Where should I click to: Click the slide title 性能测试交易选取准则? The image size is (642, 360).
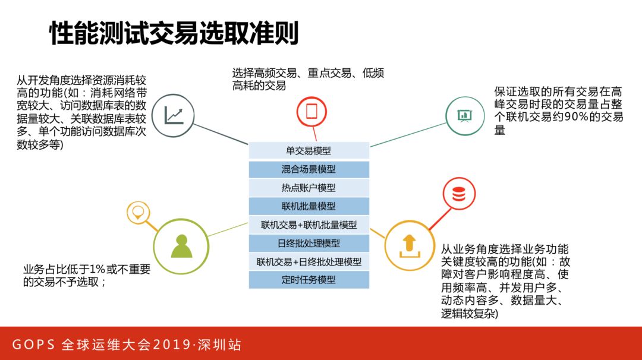(173, 34)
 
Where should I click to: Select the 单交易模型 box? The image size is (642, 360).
(309, 151)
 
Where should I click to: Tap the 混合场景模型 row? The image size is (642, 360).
(309, 169)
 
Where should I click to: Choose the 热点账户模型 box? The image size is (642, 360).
(309, 188)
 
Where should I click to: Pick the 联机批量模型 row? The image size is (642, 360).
(309, 206)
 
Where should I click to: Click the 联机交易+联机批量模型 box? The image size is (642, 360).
(309, 225)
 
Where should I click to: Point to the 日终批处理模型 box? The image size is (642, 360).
(309, 243)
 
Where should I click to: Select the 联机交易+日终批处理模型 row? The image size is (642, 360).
(309, 261)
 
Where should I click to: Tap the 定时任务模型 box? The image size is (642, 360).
(309, 280)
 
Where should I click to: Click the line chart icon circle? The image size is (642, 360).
(174, 114)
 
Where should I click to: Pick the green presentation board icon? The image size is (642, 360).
(465, 115)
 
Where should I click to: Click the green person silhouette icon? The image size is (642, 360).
(181, 245)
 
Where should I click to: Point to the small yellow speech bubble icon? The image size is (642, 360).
(139, 212)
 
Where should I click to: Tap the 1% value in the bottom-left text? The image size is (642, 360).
(97, 269)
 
